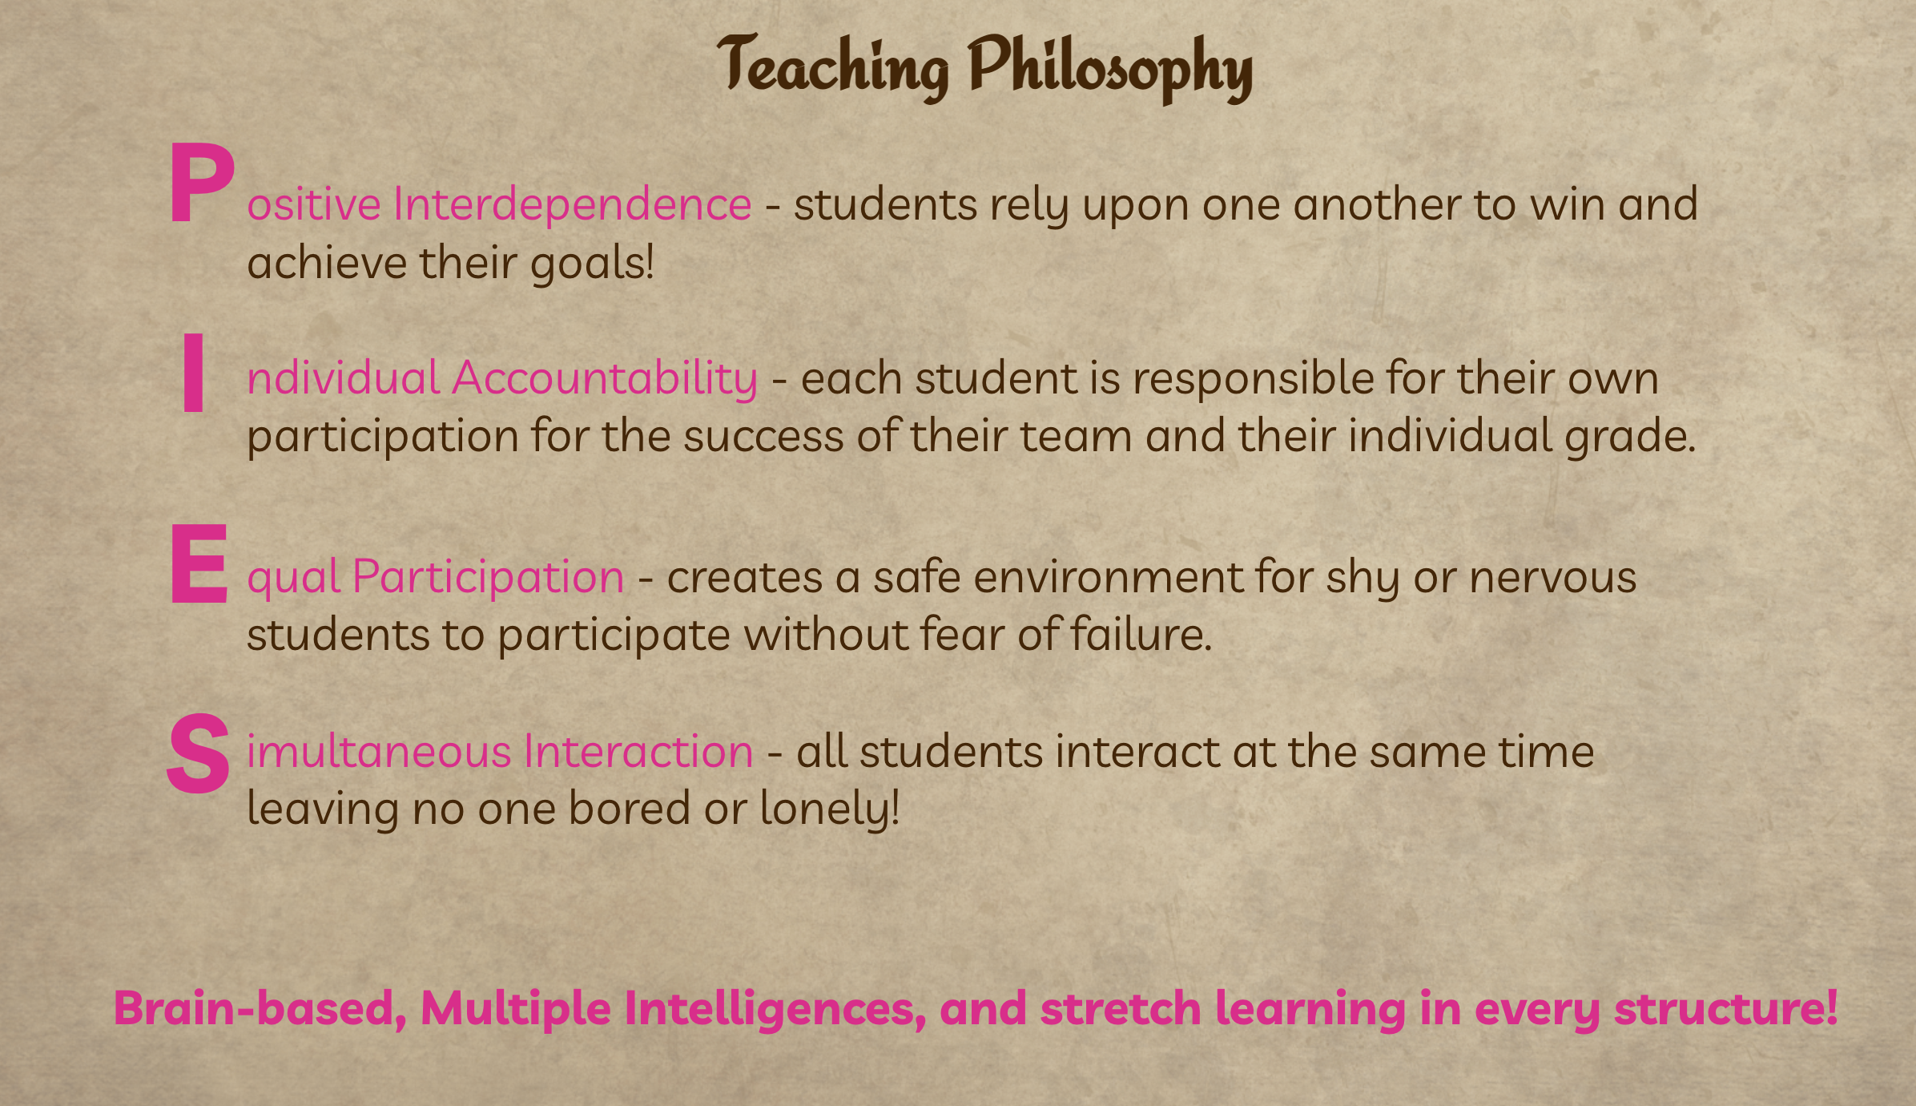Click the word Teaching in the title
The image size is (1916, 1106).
click(x=833, y=68)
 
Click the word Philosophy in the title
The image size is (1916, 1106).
click(x=1110, y=68)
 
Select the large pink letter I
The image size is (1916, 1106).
click(x=193, y=373)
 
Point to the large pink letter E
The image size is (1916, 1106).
click(x=199, y=563)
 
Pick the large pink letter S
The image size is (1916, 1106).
click(x=199, y=753)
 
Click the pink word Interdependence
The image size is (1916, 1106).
click(x=572, y=204)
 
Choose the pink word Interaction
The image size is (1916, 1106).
click(x=638, y=752)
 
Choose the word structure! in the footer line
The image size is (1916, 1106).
click(x=1725, y=1008)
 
